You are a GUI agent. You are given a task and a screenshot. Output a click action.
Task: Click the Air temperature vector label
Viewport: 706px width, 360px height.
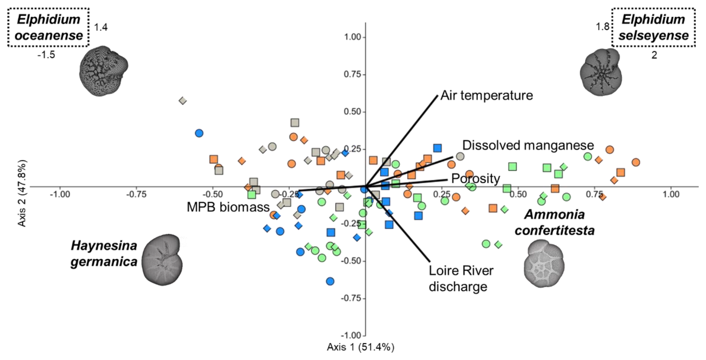click(487, 96)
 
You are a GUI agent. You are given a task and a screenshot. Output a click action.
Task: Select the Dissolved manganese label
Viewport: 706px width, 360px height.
click(528, 145)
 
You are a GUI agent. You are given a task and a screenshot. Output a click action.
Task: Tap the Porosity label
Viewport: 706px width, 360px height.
click(475, 178)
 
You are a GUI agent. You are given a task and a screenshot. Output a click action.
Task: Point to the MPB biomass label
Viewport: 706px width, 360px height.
click(228, 207)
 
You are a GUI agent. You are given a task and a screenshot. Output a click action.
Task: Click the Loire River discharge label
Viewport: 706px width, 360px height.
click(461, 278)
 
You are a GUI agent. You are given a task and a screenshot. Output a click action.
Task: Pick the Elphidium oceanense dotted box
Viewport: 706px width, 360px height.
click(49, 27)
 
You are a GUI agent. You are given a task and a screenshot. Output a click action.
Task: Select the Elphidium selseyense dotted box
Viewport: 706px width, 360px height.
click(653, 27)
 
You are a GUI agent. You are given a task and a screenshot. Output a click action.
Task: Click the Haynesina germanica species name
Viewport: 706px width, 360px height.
click(104, 254)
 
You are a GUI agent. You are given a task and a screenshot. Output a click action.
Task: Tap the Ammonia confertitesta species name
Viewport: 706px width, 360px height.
click(555, 222)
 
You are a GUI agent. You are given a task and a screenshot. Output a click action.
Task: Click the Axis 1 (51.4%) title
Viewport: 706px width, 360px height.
click(360, 347)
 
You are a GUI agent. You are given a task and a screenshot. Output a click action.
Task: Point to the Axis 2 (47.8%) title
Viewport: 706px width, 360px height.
click(22, 194)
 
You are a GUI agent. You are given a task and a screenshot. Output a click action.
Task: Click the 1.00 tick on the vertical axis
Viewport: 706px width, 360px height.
click(352, 37)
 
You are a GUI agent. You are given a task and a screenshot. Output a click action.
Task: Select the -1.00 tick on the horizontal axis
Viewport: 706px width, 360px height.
click(60, 194)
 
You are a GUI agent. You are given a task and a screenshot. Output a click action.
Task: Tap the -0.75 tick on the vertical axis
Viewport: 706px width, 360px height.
click(351, 298)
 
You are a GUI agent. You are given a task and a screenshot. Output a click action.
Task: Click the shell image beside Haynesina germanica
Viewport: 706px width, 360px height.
click(163, 260)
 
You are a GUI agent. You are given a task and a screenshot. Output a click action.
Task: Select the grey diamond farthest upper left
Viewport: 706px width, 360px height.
click(182, 101)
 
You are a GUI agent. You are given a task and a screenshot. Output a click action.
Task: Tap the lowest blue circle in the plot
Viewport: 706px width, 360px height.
click(330, 281)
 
